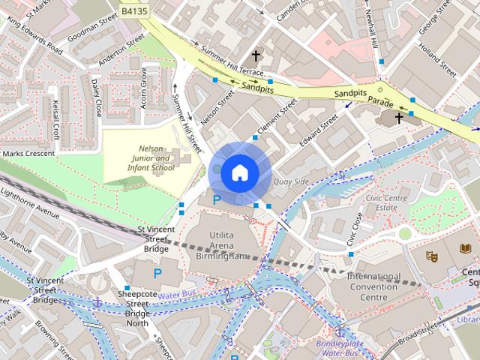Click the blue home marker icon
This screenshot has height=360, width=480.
[239, 172]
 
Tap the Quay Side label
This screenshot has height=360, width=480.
[292, 181]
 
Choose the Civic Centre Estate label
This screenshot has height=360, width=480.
[376, 201]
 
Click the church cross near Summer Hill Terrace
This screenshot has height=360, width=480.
[256, 56]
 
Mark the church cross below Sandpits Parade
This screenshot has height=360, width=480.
[399, 118]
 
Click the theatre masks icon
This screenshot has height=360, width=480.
[431, 256]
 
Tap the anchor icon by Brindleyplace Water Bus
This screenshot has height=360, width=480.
[340, 331]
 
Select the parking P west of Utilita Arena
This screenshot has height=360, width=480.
[157, 274]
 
